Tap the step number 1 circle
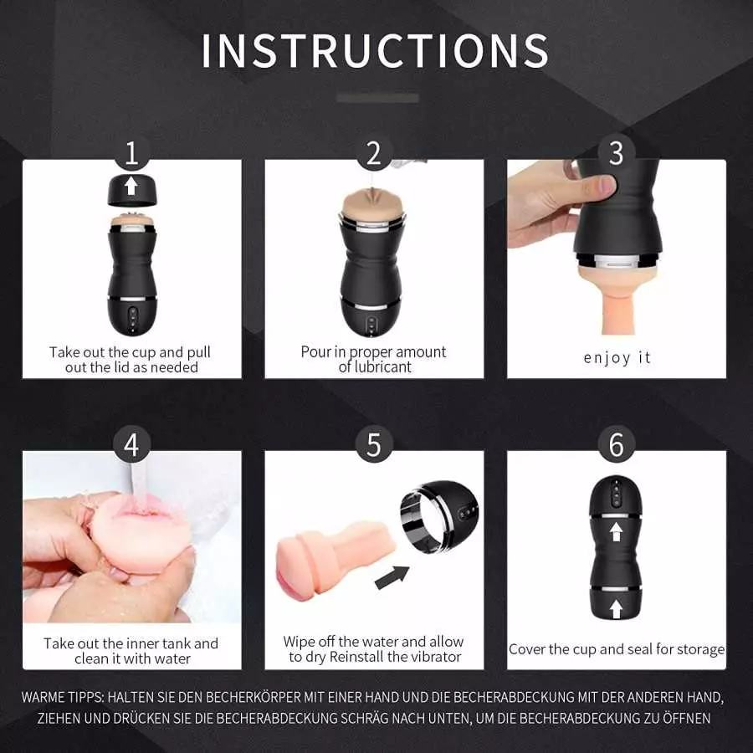131,153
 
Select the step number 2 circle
374,153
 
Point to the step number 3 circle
617,153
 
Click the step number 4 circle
131,445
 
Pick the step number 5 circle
374,445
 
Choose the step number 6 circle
617,445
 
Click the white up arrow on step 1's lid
132,186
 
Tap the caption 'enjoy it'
617,357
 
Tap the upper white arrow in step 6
617,531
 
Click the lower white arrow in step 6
617,607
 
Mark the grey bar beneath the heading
377,98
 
